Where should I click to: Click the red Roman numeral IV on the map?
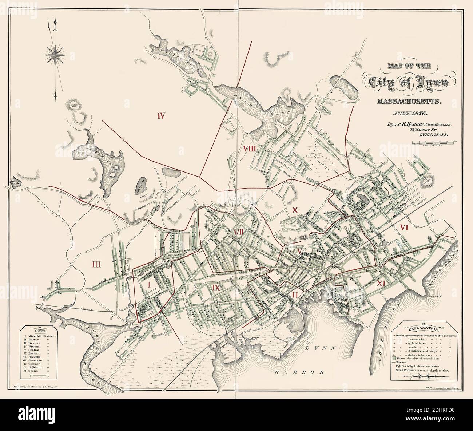coord(162,116)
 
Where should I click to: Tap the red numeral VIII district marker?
coord(250,148)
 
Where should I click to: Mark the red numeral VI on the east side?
coord(404,227)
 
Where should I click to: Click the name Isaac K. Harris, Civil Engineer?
coord(419,124)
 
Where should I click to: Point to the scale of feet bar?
coord(434,143)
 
